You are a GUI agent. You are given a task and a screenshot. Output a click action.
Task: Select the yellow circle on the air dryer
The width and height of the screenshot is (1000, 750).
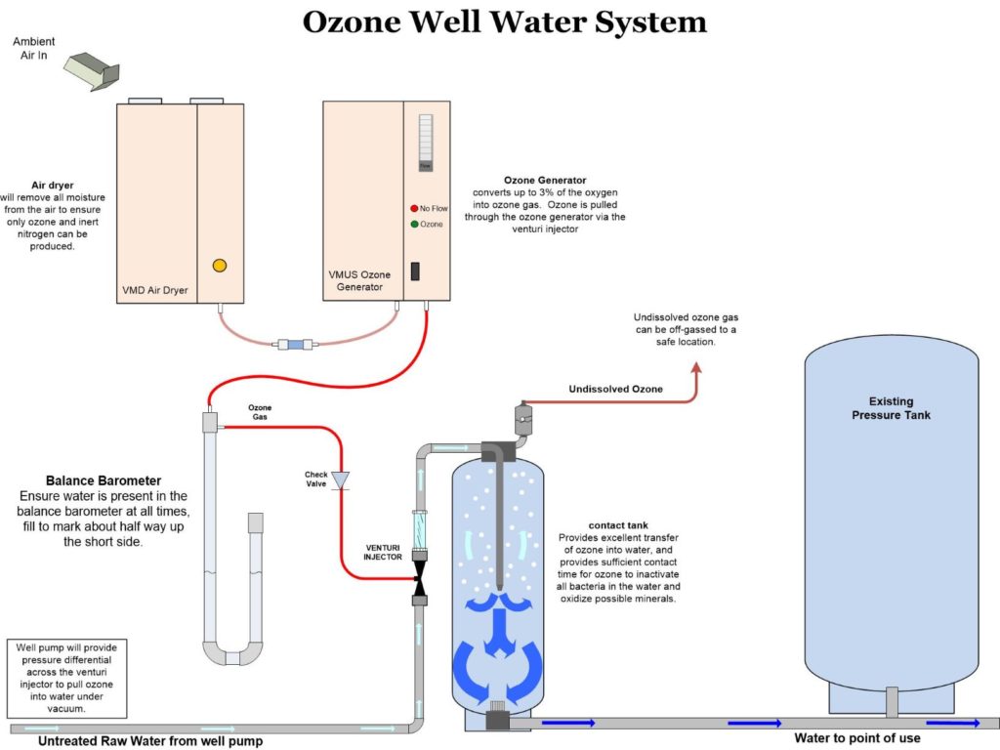click(x=220, y=265)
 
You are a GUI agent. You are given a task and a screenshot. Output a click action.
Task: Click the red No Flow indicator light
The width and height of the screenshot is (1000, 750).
click(x=414, y=208)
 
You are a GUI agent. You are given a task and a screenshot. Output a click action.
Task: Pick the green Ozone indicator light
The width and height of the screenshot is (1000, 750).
click(x=414, y=225)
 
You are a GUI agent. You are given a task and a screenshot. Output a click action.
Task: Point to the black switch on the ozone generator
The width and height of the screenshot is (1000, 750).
click(x=415, y=271)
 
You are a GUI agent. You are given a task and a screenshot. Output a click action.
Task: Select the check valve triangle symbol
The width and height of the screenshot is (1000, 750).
click(x=341, y=479)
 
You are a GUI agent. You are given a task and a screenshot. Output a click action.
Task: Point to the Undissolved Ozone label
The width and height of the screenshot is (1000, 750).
click(x=615, y=390)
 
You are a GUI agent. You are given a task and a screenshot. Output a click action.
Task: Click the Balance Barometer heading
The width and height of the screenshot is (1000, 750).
click(x=104, y=481)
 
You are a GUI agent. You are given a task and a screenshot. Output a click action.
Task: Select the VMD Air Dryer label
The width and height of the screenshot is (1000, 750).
click(x=154, y=289)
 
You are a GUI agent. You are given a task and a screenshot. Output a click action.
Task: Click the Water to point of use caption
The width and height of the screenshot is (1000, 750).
click(x=856, y=738)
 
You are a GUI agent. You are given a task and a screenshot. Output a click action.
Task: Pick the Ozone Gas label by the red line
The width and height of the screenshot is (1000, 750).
click(x=260, y=411)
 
